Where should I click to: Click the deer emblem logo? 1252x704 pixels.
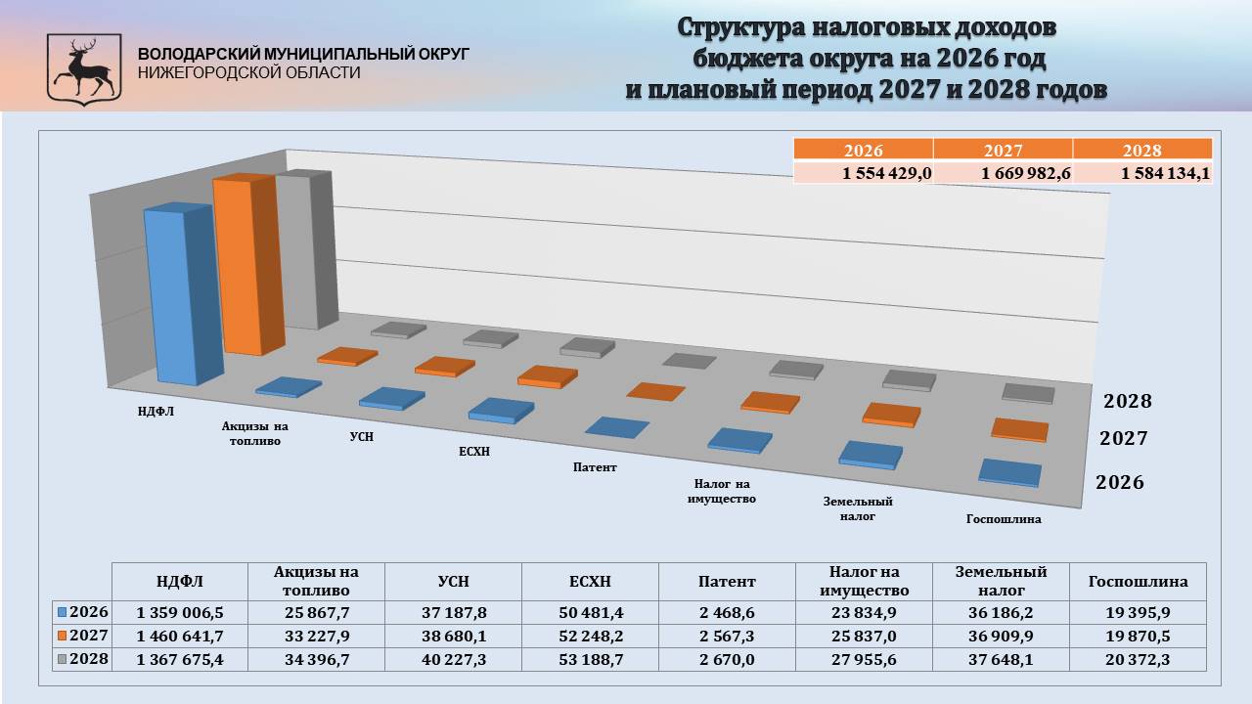[84, 68]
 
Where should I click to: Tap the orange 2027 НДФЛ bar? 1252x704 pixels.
[238, 264]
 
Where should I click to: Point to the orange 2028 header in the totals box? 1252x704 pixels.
[1141, 150]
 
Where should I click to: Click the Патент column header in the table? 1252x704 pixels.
[727, 582]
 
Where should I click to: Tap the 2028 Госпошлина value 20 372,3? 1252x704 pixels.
[1138, 659]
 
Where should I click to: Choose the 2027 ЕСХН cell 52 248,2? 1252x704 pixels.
[590, 636]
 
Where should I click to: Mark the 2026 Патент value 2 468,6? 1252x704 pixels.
[727, 612]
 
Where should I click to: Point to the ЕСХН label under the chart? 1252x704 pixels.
[473, 451]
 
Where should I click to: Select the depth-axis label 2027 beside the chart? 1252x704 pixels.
[1122, 439]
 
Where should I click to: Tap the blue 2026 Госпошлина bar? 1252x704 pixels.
[1009, 472]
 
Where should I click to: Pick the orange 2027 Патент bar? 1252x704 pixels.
[655, 392]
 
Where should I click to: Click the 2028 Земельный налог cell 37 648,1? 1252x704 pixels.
[1001, 659]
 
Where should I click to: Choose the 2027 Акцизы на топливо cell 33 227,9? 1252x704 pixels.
[316, 636]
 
